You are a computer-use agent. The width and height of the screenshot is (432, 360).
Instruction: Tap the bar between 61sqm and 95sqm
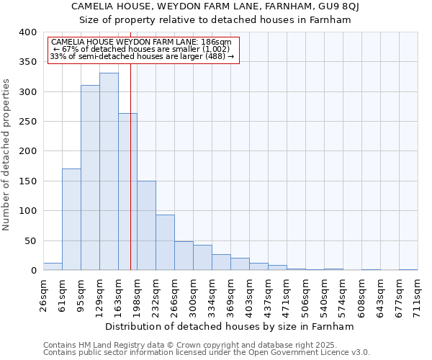pos(71,220)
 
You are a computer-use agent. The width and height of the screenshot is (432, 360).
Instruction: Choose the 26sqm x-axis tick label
pos(43,296)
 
